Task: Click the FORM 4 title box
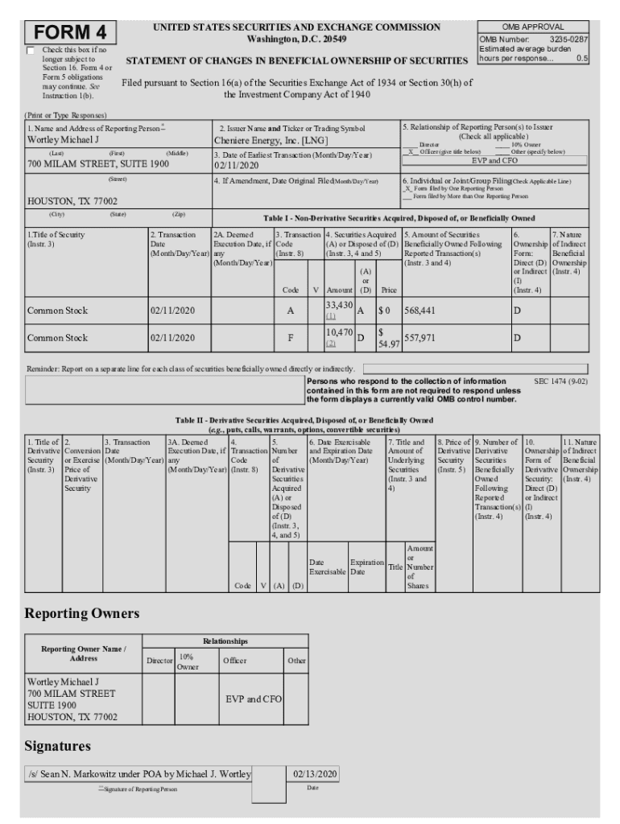tap(71, 33)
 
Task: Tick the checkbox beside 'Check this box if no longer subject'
tap(32, 50)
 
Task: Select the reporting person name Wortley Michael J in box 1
tap(64, 140)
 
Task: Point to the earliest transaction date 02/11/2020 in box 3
tap(237, 165)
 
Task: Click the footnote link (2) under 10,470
tap(330, 344)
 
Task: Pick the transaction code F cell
tap(290, 338)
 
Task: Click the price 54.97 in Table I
tap(388, 344)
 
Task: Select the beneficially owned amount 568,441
tap(420, 311)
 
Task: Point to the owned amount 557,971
tap(420, 338)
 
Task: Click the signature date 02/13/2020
tap(315, 774)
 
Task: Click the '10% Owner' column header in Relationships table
tap(188, 662)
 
